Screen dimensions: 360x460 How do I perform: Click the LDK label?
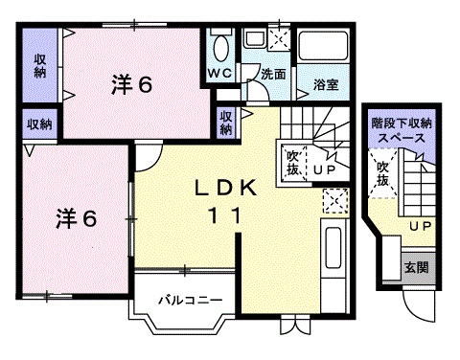[x=227, y=190]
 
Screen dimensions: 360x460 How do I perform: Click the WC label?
[x=218, y=74]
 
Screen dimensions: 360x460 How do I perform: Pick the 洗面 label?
[x=274, y=74]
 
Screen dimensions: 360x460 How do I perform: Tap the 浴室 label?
[x=325, y=85]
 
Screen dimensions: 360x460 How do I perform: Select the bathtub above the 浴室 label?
[x=325, y=48]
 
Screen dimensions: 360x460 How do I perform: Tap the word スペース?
[x=401, y=138]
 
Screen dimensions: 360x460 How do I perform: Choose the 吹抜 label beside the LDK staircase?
[x=292, y=162]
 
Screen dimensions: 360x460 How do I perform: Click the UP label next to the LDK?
[x=323, y=169]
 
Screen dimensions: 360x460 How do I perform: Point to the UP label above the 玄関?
[x=419, y=226]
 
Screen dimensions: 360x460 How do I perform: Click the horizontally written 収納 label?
[x=39, y=124]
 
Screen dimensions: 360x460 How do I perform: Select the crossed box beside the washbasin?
[x=279, y=39]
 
